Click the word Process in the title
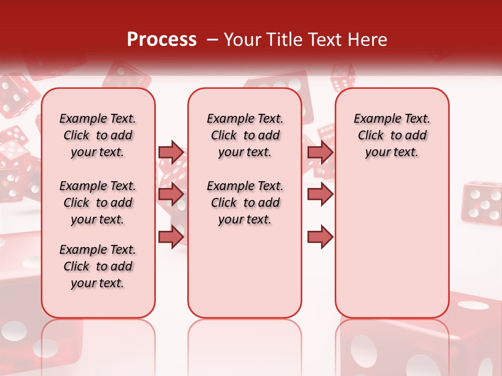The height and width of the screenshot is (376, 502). (162, 40)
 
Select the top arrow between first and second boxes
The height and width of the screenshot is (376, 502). (171, 152)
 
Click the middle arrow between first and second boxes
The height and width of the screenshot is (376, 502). (171, 194)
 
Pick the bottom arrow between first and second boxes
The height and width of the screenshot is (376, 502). (171, 236)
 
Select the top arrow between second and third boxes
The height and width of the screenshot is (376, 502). (320, 152)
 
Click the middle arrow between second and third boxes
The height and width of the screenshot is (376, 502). (320, 194)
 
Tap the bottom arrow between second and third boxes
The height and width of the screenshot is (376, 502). (320, 237)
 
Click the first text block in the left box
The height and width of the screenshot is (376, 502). (98, 135)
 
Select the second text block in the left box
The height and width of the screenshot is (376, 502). (98, 203)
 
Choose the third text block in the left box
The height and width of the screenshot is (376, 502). (98, 266)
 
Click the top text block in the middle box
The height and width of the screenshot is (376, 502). (245, 135)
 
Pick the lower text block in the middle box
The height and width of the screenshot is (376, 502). (245, 203)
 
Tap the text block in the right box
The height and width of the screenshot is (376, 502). (392, 135)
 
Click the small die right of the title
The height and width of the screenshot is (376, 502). (343, 77)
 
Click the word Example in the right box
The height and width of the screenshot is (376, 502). (373, 119)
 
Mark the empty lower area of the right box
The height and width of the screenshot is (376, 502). (392, 245)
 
